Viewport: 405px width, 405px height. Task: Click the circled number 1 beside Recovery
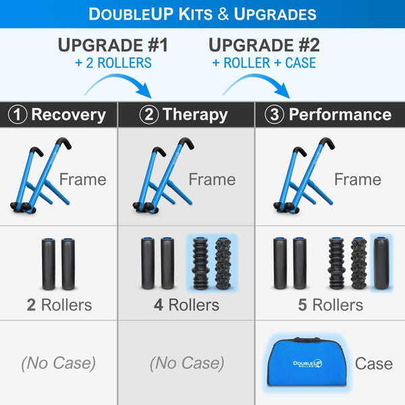click(x=18, y=115)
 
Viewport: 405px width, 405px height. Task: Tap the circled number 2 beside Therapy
click(x=148, y=115)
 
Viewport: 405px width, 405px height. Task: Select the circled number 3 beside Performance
click(x=274, y=115)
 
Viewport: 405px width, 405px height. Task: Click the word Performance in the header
click(x=340, y=115)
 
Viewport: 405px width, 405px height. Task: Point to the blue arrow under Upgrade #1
click(x=122, y=78)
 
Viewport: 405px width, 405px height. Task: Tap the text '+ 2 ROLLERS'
click(x=113, y=63)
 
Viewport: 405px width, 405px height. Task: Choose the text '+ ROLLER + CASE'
click(x=264, y=63)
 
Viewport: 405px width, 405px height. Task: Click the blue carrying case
click(x=306, y=362)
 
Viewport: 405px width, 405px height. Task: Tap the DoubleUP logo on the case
click(x=307, y=363)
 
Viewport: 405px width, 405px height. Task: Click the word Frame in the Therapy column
click(x=212, y=180)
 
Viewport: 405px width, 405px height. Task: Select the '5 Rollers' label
click(x=330, y=305)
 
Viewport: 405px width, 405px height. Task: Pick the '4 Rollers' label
click(x=186, y=305)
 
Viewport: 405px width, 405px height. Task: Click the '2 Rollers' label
click(x=59, y=305)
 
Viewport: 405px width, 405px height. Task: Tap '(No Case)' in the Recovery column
click(x=59, y=363)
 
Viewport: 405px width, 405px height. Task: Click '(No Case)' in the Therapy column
click(x=187, y=363)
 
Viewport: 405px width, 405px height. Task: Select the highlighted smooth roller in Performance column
click(x=381, y=263)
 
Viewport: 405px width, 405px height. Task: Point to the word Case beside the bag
click(x=374, y=364)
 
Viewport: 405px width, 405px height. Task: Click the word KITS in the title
click(x=196, y=14)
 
